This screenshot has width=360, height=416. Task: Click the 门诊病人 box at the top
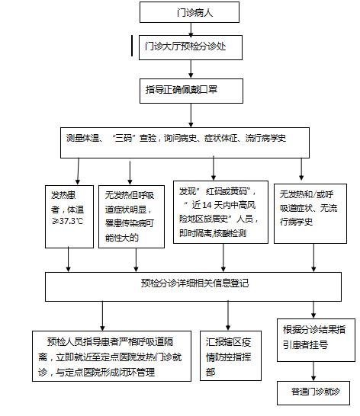point(189,12)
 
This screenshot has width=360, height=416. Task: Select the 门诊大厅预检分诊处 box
point(191,47)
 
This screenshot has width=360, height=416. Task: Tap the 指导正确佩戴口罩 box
point(191,91)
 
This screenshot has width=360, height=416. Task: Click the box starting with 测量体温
point(185,142)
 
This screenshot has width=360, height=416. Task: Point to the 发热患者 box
point(69,216)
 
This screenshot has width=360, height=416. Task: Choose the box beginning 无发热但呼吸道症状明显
point(131,216)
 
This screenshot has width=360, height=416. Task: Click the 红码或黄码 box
point(220,212)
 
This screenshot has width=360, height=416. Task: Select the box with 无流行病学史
point(310,213)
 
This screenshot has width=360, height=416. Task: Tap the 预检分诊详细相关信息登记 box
point(193,286)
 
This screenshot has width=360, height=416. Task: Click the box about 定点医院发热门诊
point(111,356)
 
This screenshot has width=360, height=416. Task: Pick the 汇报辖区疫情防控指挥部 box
point(230,356)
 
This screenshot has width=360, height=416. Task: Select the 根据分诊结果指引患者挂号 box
point(317,340)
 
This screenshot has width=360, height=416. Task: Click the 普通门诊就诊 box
point(313,393)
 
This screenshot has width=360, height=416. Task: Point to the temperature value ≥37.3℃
point(67,221)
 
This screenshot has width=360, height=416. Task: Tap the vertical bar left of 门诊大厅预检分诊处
point(132,46)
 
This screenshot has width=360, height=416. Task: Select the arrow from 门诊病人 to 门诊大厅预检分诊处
point(191,29)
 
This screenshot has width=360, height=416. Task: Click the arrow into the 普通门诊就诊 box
point(313,372)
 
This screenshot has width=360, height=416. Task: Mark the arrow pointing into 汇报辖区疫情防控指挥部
point(228,315)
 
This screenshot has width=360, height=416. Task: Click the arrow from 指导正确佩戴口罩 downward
point(191,115)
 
